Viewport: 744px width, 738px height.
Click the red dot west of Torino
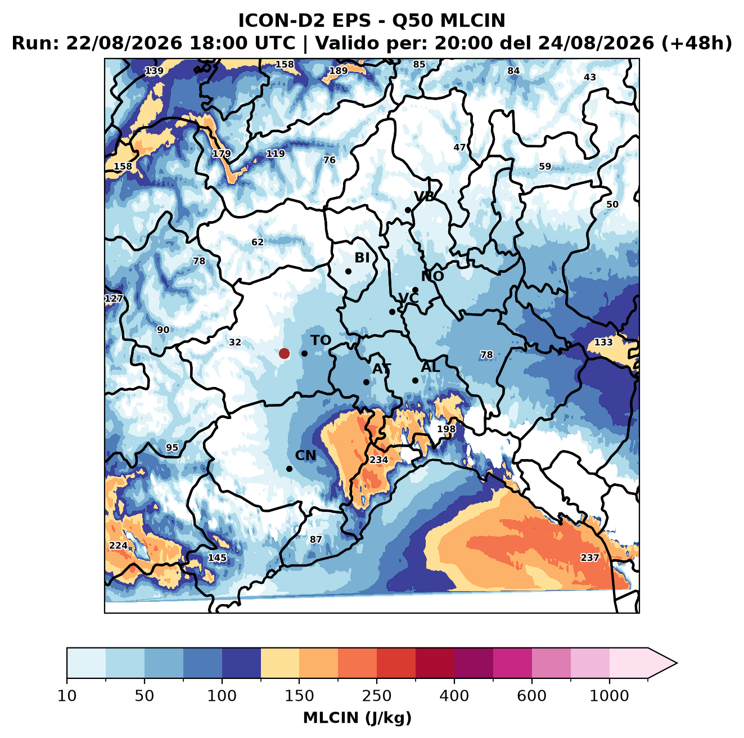(x=284, y=353)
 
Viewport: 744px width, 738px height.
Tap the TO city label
(x=321, y=340)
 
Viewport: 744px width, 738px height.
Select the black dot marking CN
(x=289, y=469)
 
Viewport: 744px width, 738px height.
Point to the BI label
(x=362, y=258)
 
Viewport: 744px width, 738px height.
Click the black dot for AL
(x=415, y=380)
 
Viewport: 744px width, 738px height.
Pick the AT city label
(x=381, y=369)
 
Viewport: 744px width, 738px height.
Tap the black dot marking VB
(x=408, y=210)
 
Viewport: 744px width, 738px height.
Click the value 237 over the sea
(x=589, y=557)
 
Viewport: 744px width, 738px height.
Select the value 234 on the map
(x=379, y=460)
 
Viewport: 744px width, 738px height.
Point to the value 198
(x=447, y=429)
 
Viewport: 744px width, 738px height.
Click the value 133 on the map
(x=603, y=342)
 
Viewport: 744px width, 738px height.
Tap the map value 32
(x=235, y=342)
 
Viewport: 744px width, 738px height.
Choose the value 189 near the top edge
(x=338, y=71)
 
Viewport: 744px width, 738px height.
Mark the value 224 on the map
(x=118, y=545)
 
